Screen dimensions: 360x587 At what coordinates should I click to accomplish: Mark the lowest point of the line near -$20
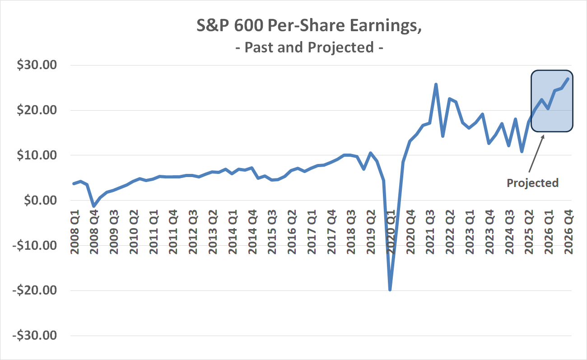[390, 290]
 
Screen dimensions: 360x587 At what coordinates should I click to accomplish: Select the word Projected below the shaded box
[532, 183]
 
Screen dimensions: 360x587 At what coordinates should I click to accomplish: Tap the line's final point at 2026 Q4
[568, 79]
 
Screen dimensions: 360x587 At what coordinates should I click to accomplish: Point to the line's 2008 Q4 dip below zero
[93, 206]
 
